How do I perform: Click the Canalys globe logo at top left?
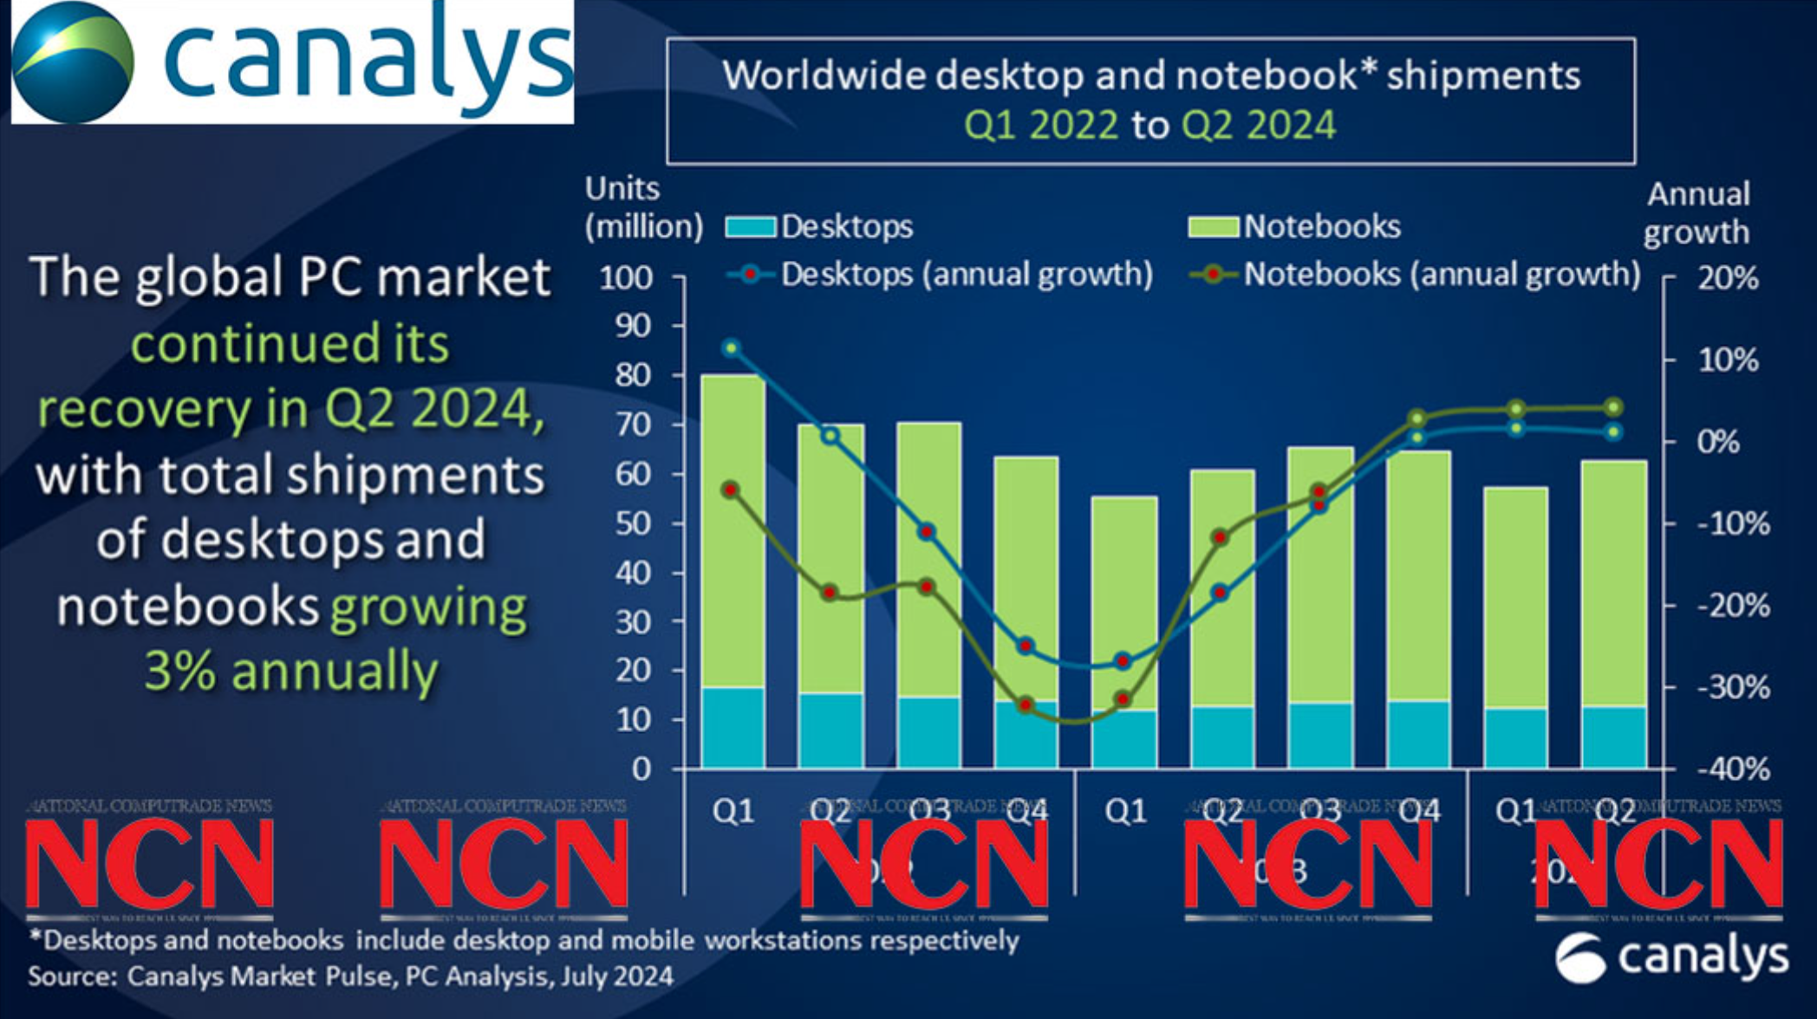[73, 62]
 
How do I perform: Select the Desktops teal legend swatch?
[751, 228]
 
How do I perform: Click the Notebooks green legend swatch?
[1213, 228]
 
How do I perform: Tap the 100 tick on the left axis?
[626, 278]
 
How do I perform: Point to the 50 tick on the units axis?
[633, 523]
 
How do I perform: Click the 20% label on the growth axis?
[1728, 278]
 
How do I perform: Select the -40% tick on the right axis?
[1733, 769]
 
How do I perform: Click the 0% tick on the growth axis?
[1718, 442]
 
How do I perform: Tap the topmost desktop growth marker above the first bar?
[732, 348]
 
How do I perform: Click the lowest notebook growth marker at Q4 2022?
[1026, 704]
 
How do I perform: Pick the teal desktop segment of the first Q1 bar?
[733, 728]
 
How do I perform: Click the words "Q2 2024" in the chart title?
[1258, 126]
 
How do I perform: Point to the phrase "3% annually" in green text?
[291, 671]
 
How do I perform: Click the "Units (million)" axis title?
[642, 208]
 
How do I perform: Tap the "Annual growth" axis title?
[1697, 213]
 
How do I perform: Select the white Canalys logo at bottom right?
[1670, 957]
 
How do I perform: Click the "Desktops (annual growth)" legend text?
[967, 274]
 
